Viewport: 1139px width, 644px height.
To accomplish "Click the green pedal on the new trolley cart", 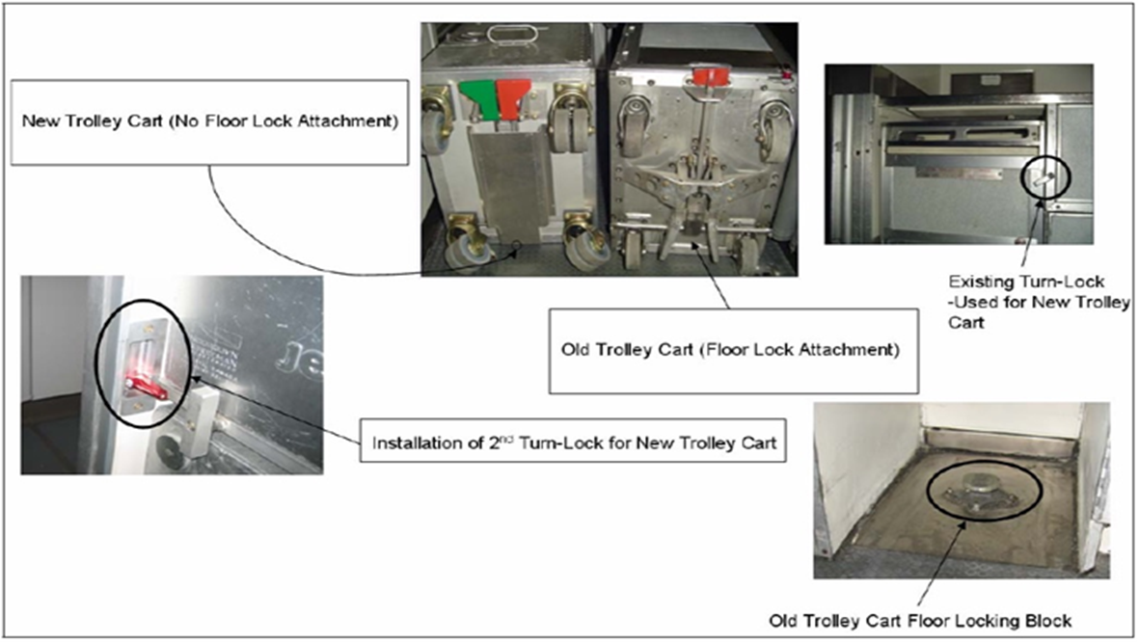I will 478,96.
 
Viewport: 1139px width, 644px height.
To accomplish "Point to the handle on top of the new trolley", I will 514,34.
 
